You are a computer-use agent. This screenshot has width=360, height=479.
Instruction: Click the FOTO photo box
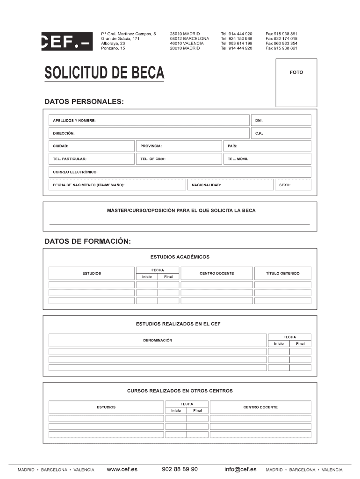[x=296, y=82]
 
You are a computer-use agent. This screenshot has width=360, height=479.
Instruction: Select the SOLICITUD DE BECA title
[x=104, y=73]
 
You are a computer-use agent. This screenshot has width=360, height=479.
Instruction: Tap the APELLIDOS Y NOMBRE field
[x=149, y=120]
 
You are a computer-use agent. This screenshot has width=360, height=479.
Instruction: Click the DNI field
[x=281, y=120]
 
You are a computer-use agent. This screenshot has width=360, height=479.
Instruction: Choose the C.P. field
[x=281, y=133]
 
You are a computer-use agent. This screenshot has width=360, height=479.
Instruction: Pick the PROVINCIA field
[x=178, y=146]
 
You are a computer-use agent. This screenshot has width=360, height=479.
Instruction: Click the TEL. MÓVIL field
[x=266, y=159]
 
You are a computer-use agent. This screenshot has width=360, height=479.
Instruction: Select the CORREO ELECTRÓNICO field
[x=180, y=172]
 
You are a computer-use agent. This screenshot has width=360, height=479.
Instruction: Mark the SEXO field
[x=292, y=185]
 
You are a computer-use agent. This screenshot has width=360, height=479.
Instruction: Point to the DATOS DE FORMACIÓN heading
[x=87, y=241]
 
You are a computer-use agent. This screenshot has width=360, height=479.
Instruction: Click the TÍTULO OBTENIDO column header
[x=282, y=273]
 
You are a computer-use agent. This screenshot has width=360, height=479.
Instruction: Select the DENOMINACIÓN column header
[x=158, y=340]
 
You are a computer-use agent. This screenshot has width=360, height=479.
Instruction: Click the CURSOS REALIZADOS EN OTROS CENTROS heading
[x=180, y=391]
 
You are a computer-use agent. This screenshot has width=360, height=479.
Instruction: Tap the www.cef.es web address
[x=122, y=469]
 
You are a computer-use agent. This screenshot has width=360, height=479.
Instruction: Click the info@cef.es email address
[x=240, y=469]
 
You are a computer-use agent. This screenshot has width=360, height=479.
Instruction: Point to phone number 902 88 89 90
[x=180, y=469]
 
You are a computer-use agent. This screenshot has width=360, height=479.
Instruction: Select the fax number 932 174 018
[x=281, y=38]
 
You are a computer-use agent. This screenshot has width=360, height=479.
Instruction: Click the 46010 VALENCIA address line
[x=187, y=43]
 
